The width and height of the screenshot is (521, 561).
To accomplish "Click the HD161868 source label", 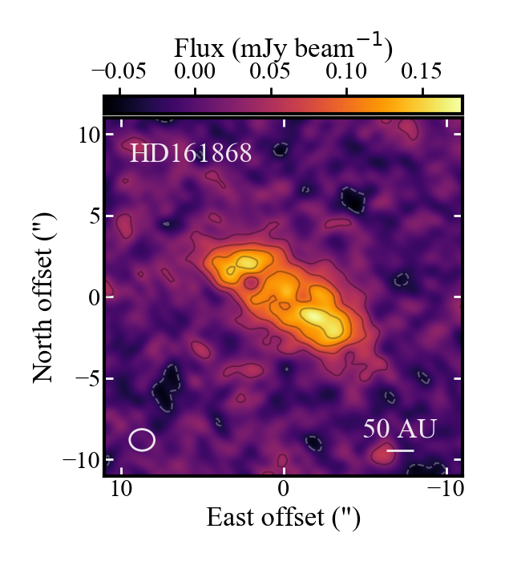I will (191, 153).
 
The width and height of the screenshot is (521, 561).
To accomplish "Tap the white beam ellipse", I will (142, 439).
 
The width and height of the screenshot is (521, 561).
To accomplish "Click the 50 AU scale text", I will (399, 429).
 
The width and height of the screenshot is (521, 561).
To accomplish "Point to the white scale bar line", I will (400, 450).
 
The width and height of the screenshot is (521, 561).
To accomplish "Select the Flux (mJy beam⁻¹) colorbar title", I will (283, 50).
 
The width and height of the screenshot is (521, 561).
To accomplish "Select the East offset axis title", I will (283, 518).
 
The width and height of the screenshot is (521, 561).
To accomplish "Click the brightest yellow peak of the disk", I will (318, 318).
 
